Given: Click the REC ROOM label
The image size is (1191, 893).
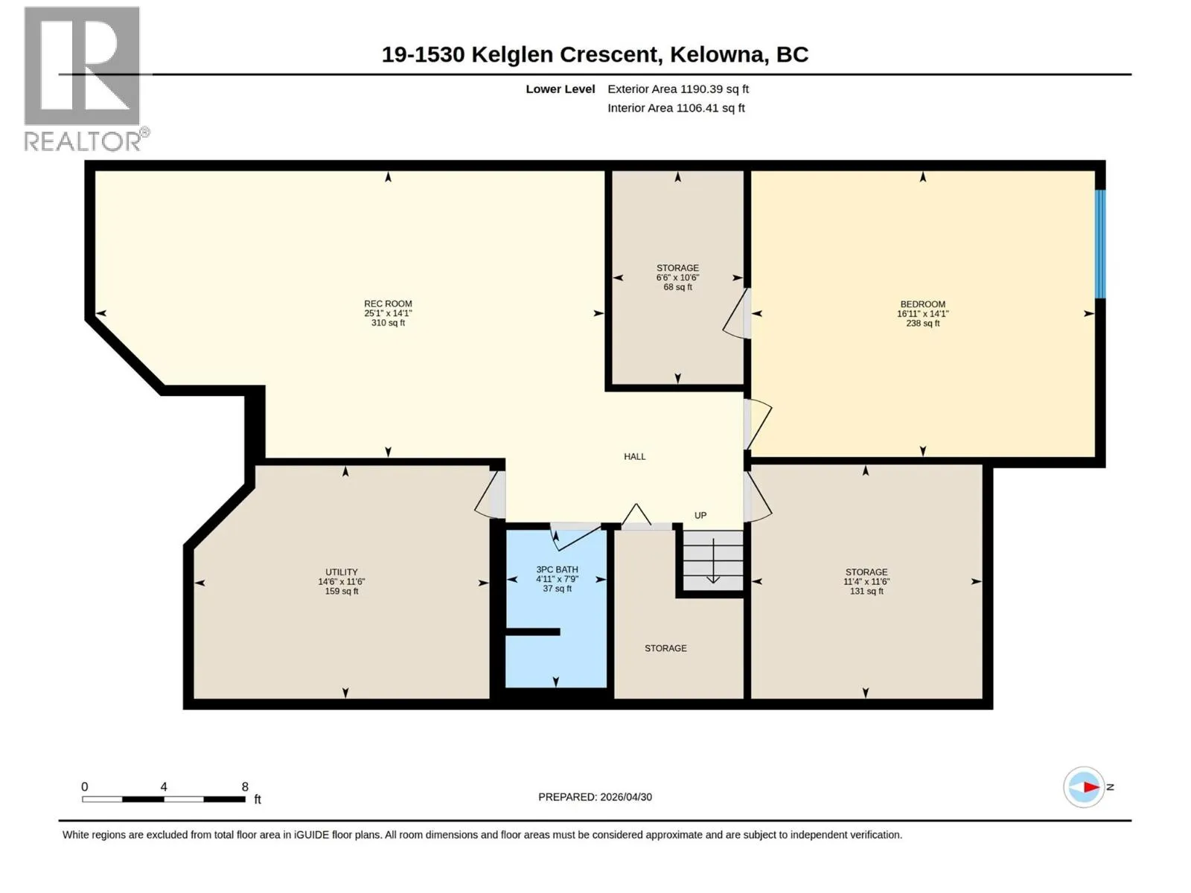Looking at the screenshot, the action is click(388, 304).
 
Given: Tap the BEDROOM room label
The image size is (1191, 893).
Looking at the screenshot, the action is click(922, 304).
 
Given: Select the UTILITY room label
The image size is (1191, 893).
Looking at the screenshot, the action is click(341, 572).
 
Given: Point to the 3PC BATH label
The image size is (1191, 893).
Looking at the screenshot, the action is click(558, 569).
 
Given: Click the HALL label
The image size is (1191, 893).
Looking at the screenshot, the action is click(635, 456).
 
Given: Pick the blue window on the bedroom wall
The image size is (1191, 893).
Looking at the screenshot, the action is click(1100, 244).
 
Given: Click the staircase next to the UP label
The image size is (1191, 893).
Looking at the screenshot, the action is click(713, 560).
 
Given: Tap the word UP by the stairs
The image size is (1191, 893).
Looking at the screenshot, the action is click(700, 515).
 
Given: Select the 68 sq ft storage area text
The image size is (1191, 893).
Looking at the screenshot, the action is click(677, 287).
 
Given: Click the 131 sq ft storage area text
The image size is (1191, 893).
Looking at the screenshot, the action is click(866, 591).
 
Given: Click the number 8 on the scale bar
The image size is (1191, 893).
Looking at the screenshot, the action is click(245, 786).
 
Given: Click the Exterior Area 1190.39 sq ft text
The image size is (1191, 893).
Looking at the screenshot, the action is click(678, 89).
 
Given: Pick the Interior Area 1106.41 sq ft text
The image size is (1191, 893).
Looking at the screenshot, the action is click(676, 108).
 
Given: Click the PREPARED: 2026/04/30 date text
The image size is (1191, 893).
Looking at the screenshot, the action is click(595, 797).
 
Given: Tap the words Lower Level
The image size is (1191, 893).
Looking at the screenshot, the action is click(560, 89).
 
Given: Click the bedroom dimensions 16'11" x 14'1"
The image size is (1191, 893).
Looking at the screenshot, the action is click(922, 313).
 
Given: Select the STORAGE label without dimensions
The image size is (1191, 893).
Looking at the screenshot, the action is click(665, 648).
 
